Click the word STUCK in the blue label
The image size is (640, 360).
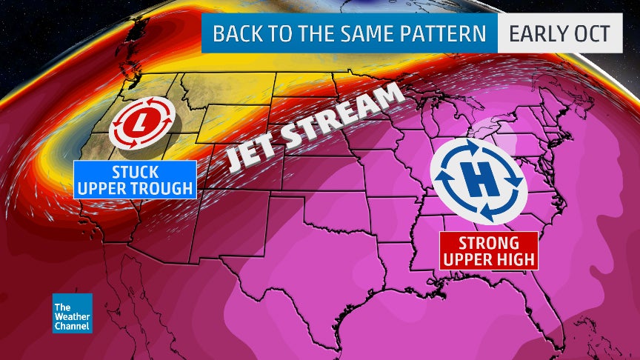135,171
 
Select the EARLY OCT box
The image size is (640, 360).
559,34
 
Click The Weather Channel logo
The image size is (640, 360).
72,313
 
